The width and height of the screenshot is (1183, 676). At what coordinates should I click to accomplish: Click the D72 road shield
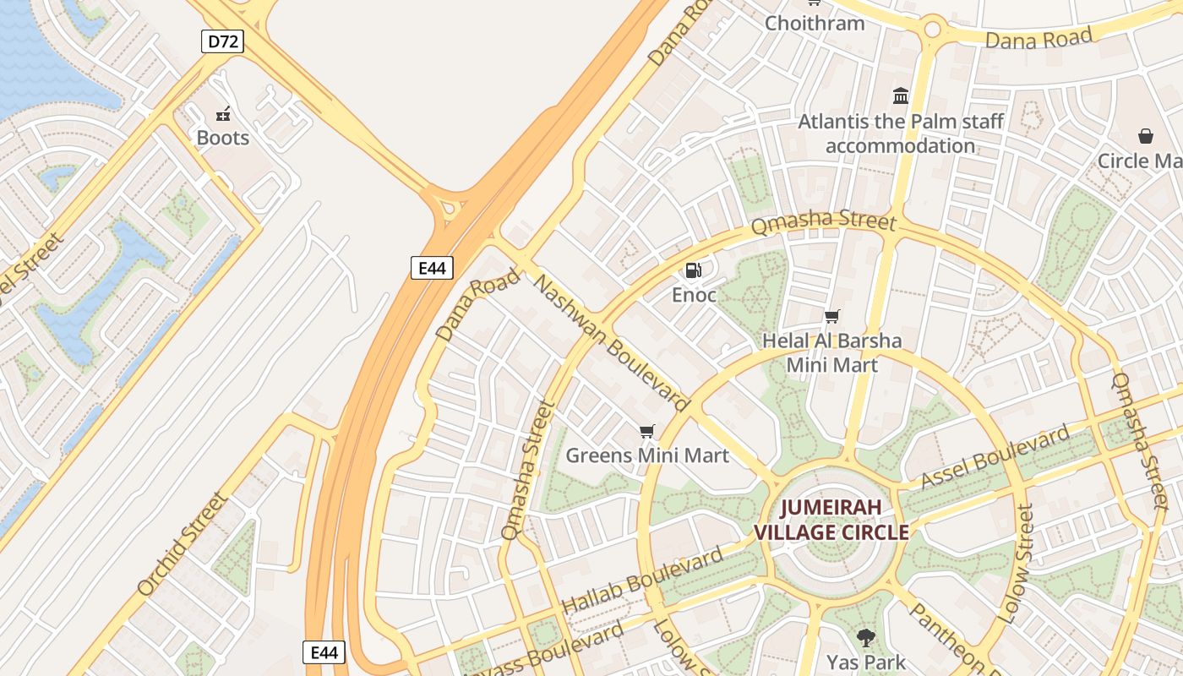click(x=222, y=41)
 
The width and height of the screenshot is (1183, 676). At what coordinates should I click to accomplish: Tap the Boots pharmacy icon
click(x=223, y=114)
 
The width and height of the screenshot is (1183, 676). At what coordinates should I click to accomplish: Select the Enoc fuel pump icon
click(x=693, y=270)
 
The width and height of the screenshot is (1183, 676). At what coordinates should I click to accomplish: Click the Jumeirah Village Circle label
click(x=831, y=520)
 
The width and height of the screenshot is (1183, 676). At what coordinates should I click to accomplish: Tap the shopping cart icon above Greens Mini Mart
click(x=647, y=432)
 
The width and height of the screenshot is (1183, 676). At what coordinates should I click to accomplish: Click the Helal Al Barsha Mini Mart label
click(x=831, y=353)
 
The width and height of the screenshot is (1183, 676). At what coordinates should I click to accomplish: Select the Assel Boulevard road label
click(x=995, y=458)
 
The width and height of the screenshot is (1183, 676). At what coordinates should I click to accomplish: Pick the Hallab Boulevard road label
click(x=642, y=581)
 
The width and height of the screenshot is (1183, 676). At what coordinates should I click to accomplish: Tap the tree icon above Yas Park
click(x=865, y=637)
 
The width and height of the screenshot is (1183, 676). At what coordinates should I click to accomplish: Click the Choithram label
click(x=815, y=23)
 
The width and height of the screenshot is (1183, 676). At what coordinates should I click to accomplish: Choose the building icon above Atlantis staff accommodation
click(x=901, y=96)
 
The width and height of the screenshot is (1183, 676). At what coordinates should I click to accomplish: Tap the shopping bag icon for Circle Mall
click(x=1146, y=136)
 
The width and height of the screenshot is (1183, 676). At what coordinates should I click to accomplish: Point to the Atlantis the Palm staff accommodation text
click(x=901, y=134)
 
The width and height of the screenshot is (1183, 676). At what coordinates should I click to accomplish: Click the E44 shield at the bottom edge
click(x=324, y=652)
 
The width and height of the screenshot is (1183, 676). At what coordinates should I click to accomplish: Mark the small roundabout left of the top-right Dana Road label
click(x=932, y=30)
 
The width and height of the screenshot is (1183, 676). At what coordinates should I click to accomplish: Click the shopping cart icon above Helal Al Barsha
click(x=832, y=317)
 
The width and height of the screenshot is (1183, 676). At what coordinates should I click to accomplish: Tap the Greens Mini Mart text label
click(x=647, y=455)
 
